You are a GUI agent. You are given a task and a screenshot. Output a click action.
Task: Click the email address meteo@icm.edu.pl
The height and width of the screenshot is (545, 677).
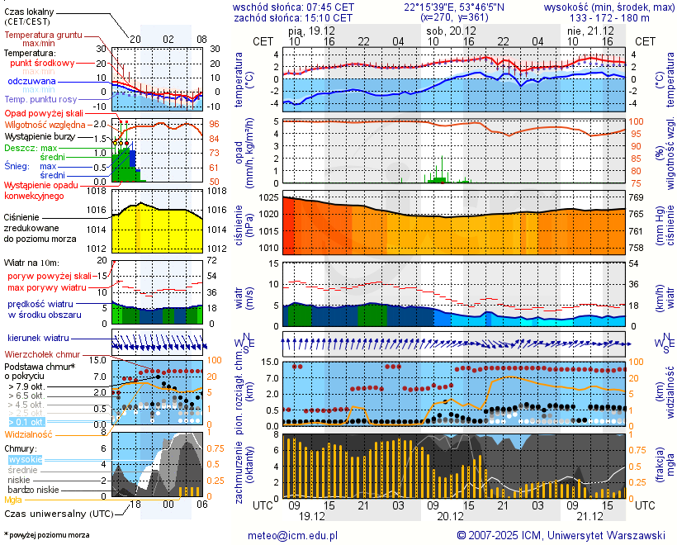point(293,535)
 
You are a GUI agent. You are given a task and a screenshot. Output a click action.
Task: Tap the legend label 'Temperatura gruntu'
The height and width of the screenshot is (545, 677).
point(43,36)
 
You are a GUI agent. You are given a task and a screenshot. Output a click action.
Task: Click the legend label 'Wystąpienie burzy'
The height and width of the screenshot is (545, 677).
point(39,135)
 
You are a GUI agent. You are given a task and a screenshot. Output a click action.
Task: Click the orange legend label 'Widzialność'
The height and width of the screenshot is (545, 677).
point(29,434)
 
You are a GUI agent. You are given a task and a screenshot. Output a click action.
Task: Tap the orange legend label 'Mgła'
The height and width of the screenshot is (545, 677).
point(13,500)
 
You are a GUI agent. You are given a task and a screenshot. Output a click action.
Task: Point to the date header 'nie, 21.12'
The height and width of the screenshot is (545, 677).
point(586,29)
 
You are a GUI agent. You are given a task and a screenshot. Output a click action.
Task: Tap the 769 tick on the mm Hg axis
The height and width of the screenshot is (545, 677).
point(637,198)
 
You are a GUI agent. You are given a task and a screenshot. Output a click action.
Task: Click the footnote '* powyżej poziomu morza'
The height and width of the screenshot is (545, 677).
point(46,535)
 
